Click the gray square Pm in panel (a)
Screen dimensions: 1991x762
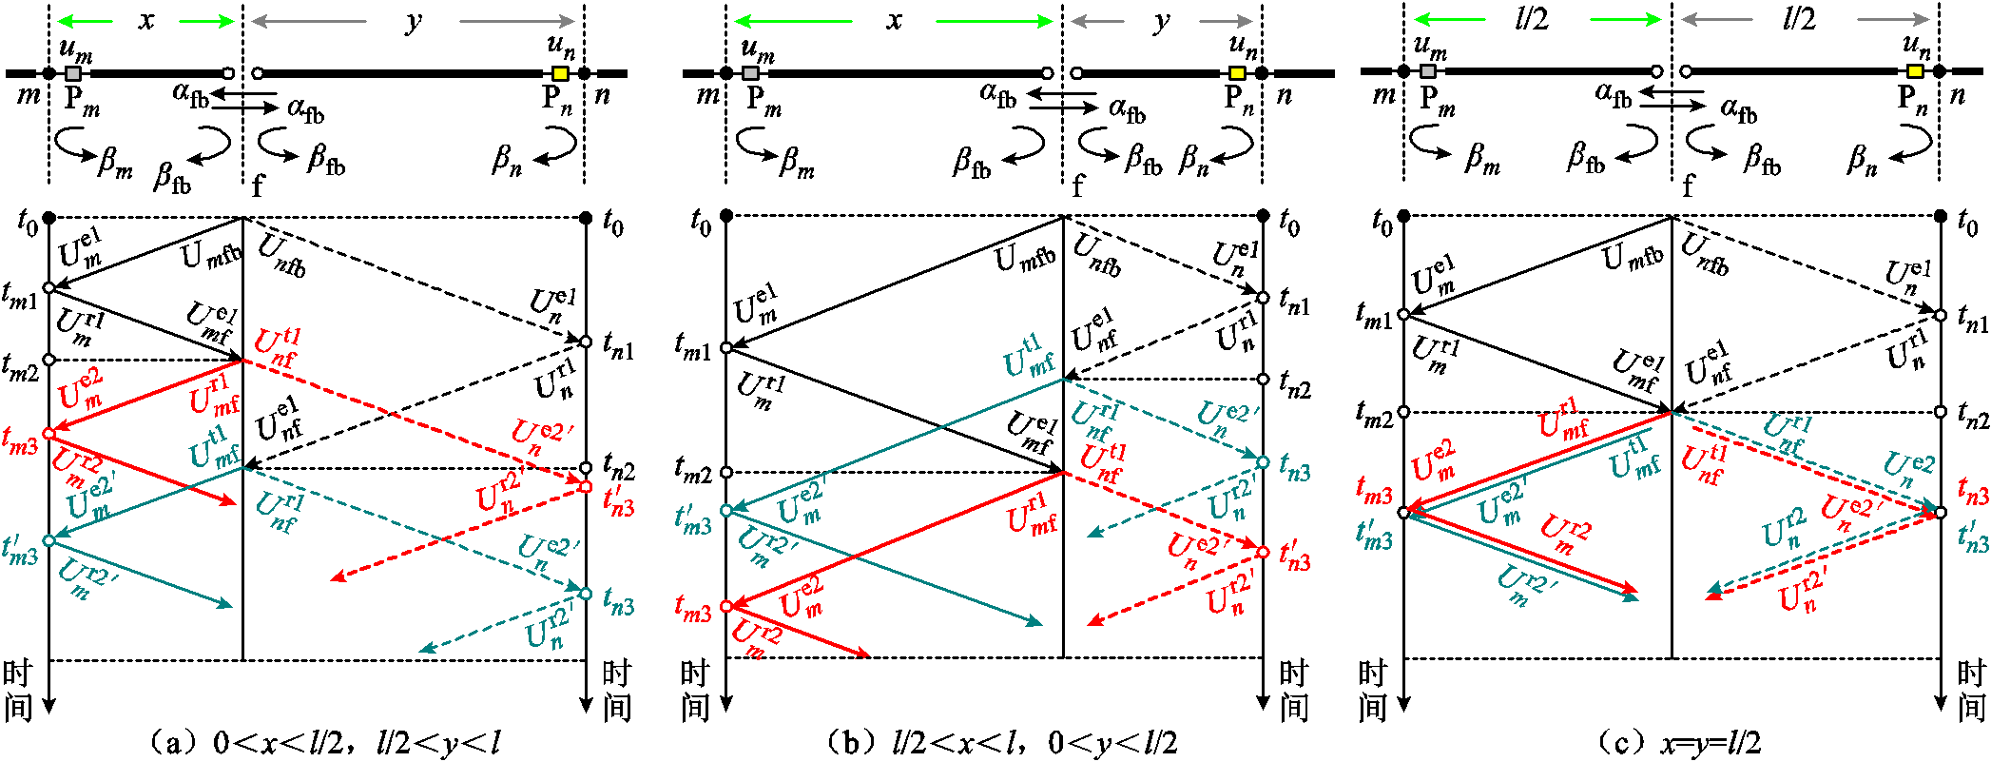pyautogui.click(x=73, y=73)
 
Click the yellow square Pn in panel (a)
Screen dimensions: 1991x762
pyautogui.click(x=560, y=73)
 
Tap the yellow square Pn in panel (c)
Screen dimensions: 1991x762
pyautogui.click(x=1915, y=71)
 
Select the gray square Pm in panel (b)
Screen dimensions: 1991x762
pyautogui.click(x=751, y=73)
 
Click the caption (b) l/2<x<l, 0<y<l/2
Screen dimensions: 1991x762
pyautogui.click(x=1001, y=742)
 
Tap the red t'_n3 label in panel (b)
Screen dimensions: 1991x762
pyautogui.click(x=1295, y=556)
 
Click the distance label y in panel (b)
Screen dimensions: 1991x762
pyautogui.click(x=1162, y=21)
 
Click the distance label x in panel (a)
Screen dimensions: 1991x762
pyautogui.click(x=145, y=20)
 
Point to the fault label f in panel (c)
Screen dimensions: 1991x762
pyautogui.click(x=1688, y=185)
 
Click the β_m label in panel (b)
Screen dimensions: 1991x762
pyautogui.click(x=797, y=162)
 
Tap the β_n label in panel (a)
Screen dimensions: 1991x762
pyautogui.click(x=508, y=159)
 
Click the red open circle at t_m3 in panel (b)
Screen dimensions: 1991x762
pyautogui.click(x=726, y=606)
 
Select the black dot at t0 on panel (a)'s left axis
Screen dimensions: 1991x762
pyautogui.click(x=49, y=218)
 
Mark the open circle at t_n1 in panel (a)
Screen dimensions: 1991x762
pyautogui.click(x=586, y=342)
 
